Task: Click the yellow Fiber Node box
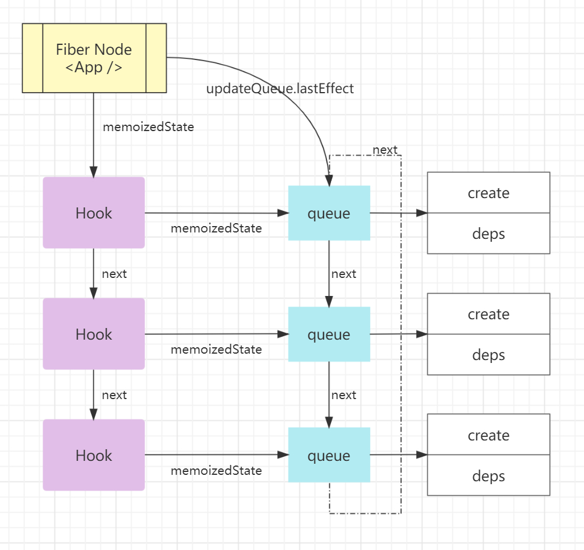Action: coord(94,58)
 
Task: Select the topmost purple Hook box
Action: coord(94,213)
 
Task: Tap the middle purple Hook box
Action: coord(94,334)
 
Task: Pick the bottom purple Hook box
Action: coord(94,455)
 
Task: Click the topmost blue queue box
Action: coord(329,213)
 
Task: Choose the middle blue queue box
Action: coord(329,334)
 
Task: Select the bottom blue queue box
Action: coord(329,455)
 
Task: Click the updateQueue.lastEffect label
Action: coord(280,89)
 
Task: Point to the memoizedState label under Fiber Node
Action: coord(148,127)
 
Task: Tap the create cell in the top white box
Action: coord(488,192)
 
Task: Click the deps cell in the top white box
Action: coord(488,234)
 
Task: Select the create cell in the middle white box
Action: coord(488,314)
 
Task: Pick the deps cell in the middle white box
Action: coord(488,354)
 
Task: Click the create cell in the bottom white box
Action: coord(488,435)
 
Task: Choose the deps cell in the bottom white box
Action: coord(488,475)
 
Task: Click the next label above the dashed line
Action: coord(385,150)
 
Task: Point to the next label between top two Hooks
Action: coord(114,274)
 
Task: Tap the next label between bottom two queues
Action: coord(344,394)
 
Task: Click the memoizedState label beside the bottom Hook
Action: coord(216,471)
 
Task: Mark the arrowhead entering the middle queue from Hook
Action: coord(283,334)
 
